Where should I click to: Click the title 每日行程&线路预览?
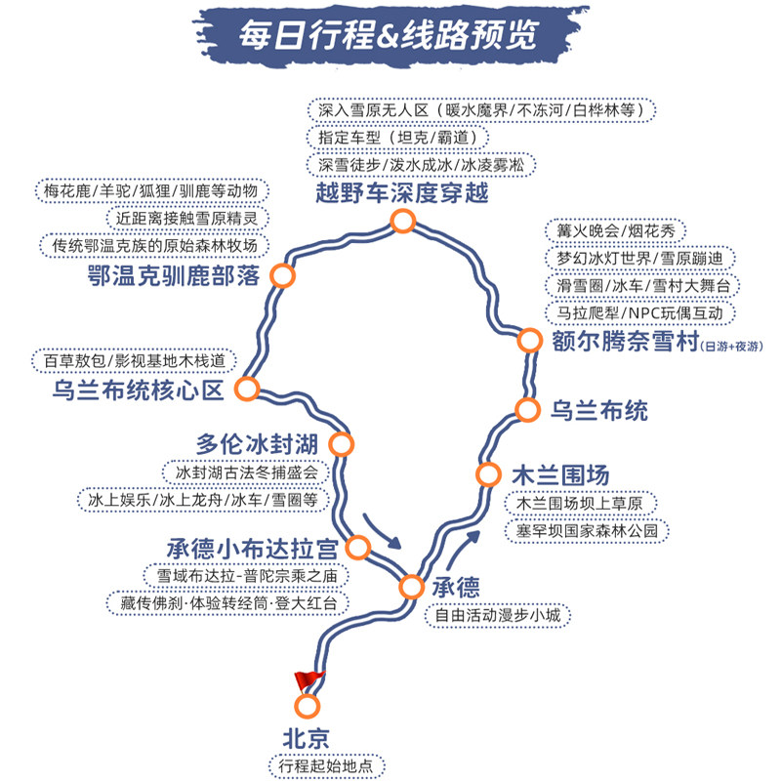(390, 36)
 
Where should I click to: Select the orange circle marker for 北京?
(308, 706)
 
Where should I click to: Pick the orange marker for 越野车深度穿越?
(402, 223)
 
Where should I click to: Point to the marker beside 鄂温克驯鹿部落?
(283, 276)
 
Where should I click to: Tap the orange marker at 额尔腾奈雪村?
(528, 340)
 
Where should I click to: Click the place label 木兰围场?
(560, 475)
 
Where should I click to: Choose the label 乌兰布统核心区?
(139, 391)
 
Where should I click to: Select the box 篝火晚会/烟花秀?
(615, 231)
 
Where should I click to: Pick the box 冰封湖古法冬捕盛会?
(247, 473)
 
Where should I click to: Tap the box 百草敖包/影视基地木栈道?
(134, 361)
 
